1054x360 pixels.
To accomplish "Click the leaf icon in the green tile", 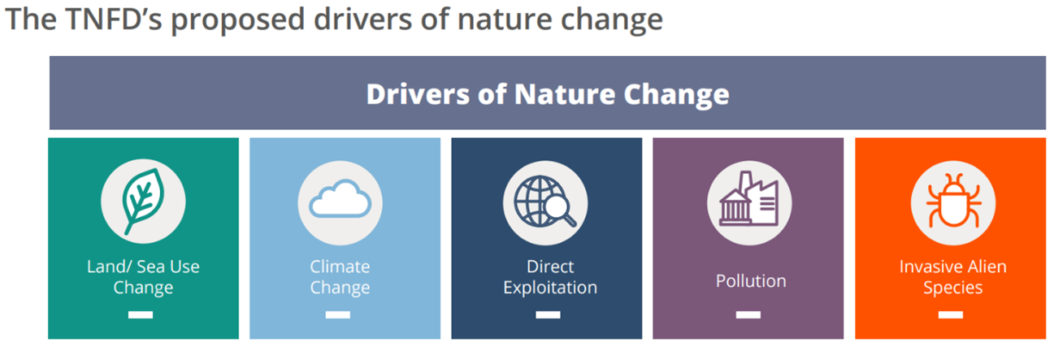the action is pos(143,202).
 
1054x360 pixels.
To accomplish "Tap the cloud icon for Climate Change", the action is pos(340,198).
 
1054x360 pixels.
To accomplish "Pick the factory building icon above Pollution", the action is pos(748,198).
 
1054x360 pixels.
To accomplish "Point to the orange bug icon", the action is pos(953,201).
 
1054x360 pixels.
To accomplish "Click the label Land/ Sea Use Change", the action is pos(143,277).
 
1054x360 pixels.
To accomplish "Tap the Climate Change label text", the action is pos(340,277).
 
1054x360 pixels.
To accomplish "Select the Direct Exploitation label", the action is pos(549,277).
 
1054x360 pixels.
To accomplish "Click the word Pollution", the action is pos(751,281).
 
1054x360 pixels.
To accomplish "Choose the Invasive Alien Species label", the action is pos(953,277).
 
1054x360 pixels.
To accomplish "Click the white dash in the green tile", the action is pos(141,314).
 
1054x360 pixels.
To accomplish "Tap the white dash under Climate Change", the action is pos(337,314).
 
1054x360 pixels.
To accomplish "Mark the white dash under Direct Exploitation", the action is pos(548,314).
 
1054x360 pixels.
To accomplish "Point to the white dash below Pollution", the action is pos(748,314).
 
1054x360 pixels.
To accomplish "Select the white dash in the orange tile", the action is pos(951,314).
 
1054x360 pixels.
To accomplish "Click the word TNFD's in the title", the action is pos(114,20).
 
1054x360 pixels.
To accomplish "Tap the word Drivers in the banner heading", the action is pos(417,94).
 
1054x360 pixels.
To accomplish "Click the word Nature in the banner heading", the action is pos(564,94).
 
